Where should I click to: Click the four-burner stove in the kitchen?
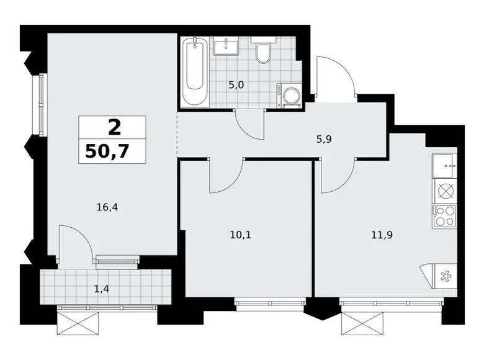click(x=445, y=215)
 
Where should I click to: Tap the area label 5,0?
click(x=236, y=85)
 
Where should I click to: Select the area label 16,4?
click(x=107, y=208)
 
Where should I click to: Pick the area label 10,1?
click(x=239, y=235)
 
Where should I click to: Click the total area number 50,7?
click(x=112, y=151)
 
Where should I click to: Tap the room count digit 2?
click(x=113, y=127)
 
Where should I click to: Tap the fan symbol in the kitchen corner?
click(x=444, y=277)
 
